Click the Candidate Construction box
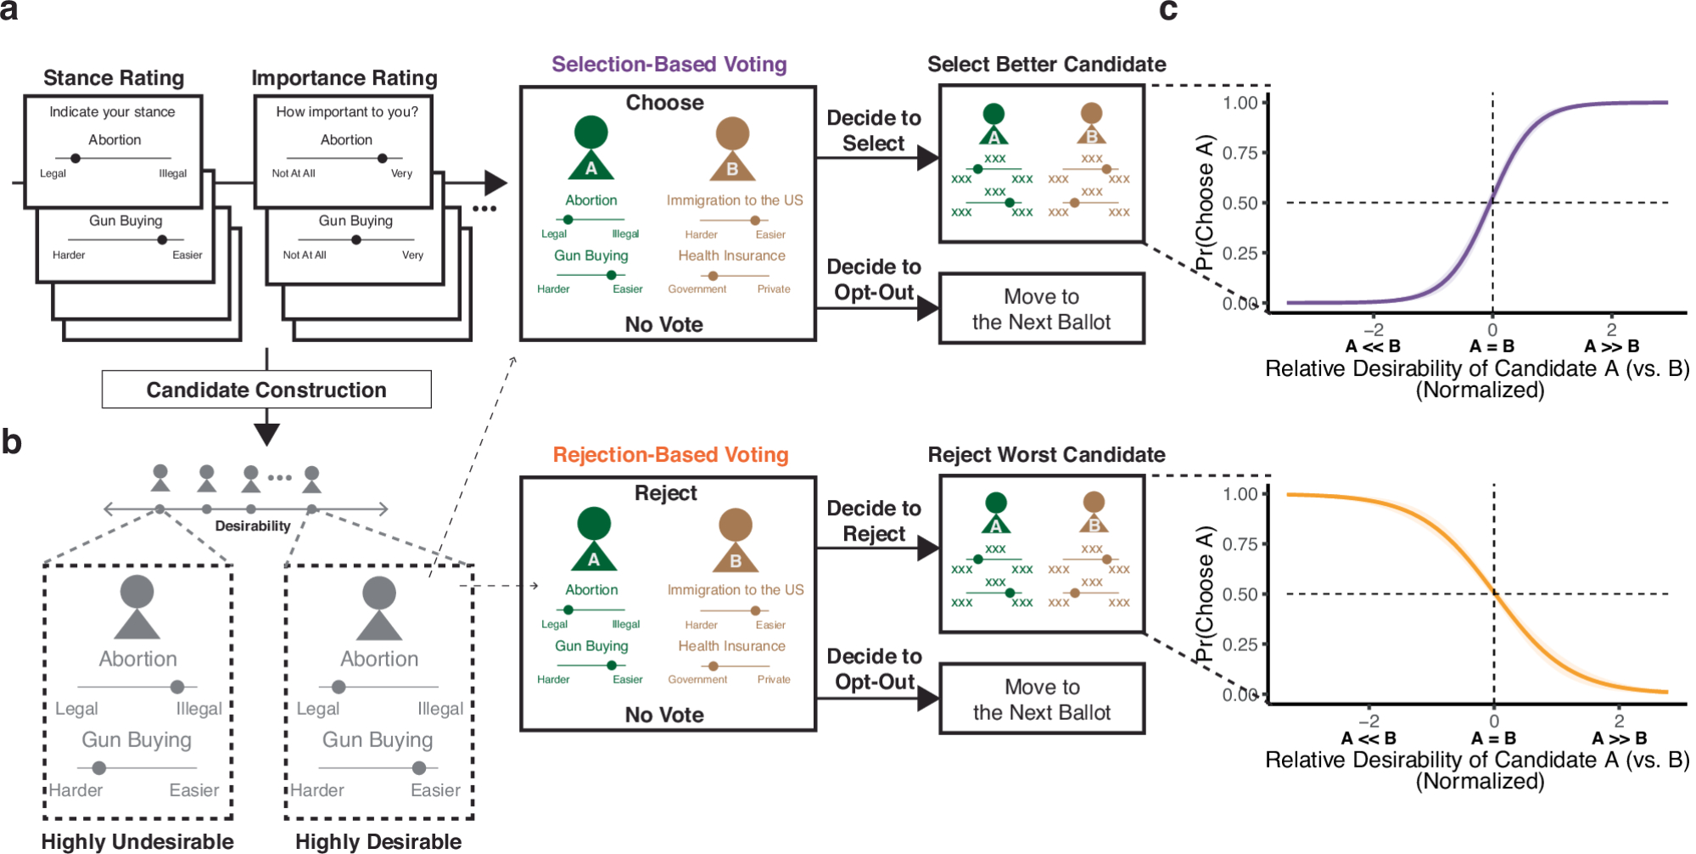point(266,390)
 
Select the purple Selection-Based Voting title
point(669,65)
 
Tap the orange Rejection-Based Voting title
point(670,455)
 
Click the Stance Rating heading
point(114,78)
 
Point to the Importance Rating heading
point(344,78)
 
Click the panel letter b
point(12,442)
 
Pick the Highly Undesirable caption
point(137,841)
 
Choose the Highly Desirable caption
point(378,841)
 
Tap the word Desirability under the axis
point(253,526)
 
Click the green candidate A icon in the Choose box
point(591,148)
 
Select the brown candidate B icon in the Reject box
point(735,540)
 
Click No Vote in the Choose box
point(663,324)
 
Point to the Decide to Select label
point(874,131)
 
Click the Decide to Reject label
point(874,521)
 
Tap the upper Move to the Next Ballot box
point(1042,309)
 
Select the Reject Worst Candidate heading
point(1046,455)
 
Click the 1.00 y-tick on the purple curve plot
point(1240,103)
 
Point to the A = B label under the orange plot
point(1493,739)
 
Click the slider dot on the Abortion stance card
point(76,158)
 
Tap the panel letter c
point(1168,11)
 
